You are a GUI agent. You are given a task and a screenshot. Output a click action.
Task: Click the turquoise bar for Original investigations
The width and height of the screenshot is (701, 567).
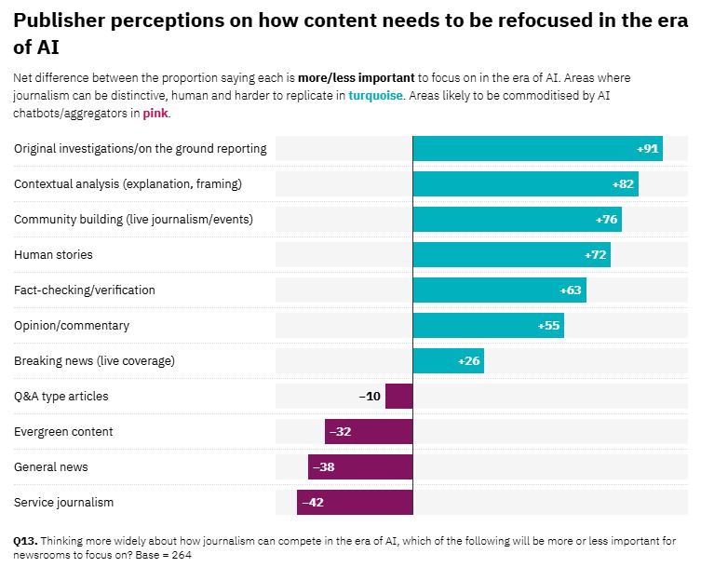537,149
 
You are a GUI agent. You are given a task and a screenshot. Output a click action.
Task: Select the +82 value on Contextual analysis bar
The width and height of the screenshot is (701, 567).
623,184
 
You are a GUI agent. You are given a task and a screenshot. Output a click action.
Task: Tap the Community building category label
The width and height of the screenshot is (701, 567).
133,220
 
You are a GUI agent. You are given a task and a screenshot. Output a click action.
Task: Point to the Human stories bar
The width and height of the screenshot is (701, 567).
511,255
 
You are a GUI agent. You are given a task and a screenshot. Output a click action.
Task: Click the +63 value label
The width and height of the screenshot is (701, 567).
571,290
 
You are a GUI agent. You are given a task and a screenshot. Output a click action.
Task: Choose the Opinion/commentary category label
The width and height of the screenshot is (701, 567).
72,326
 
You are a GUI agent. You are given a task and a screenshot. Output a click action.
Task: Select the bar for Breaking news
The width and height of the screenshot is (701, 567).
448,361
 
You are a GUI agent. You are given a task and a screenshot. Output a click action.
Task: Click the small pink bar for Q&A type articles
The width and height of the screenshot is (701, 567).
398,397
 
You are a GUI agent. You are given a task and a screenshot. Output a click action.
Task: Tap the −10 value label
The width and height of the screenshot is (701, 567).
370,397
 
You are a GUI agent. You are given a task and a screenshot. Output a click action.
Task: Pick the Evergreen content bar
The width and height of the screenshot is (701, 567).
369,432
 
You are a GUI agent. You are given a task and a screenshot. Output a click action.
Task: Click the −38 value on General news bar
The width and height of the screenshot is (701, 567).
324,467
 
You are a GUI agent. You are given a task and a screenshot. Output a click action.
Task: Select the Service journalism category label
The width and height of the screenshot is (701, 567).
63,503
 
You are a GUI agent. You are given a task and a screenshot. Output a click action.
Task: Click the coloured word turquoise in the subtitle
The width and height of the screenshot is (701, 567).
377,95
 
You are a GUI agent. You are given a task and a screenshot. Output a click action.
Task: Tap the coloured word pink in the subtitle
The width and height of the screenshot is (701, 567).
155,114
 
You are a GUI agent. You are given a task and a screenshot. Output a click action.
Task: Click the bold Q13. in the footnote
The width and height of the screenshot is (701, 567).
25,540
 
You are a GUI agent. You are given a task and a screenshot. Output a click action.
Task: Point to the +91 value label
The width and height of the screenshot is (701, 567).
648,149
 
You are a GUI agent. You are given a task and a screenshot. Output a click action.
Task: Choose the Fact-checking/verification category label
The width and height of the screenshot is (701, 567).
85,290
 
